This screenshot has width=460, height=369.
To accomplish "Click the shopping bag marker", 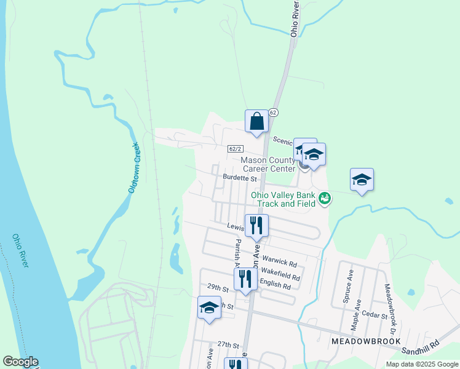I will [x=257, y=121].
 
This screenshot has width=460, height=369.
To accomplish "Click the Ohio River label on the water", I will [x=20, y=250].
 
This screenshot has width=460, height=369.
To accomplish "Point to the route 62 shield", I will [x=274, y=113].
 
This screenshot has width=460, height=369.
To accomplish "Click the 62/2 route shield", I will [x=236, y=149].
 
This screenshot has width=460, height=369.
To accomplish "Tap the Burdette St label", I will [x=239, y=178].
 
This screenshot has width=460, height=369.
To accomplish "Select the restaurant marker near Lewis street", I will [x=256, y=225].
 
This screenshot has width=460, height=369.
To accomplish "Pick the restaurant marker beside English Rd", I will [x=246, y=279].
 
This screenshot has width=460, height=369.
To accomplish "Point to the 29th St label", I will [x=218, y=287].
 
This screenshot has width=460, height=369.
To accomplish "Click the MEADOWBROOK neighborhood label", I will [x=365, y=341].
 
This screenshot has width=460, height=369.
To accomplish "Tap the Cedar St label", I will [x=375, y=316].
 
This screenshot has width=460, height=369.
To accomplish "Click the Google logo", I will [x=20, y=362].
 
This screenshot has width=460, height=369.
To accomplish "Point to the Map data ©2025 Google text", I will [x=421, y=364].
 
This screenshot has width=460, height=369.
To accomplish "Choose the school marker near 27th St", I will [x=209, y=308].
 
